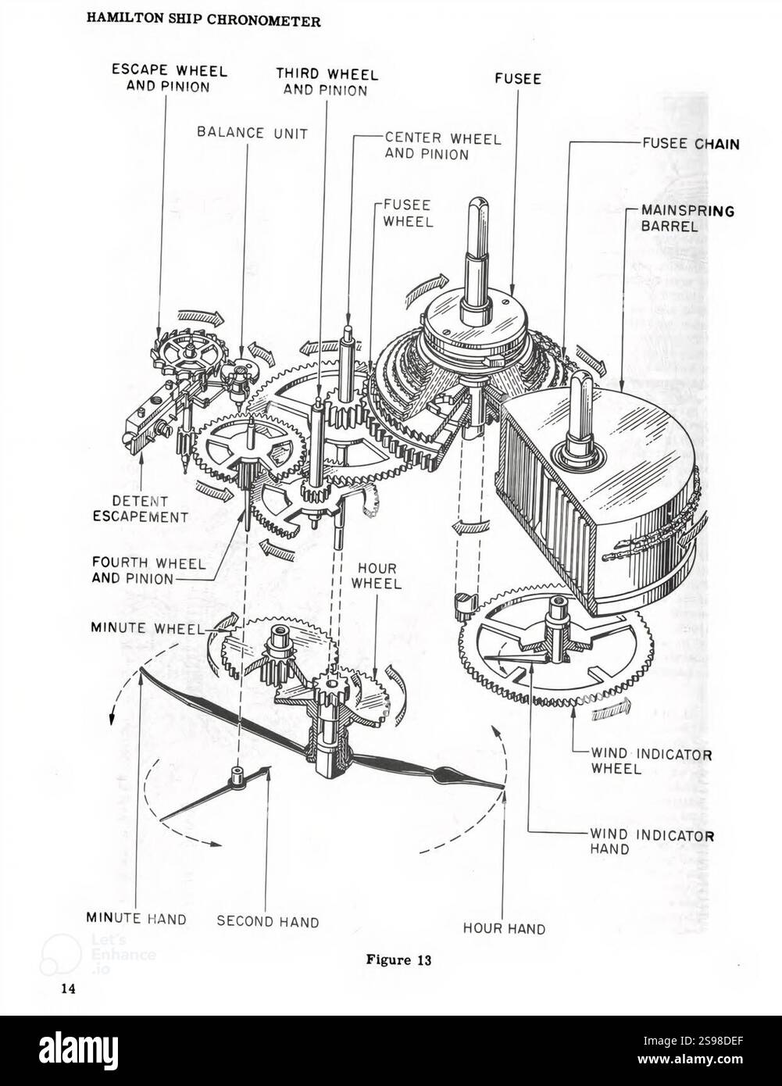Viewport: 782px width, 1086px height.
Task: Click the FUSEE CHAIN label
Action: (691, 144)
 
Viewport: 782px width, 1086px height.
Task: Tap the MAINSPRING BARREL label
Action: (687, 219)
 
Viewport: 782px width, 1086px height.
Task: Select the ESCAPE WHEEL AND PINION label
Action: (170, 79)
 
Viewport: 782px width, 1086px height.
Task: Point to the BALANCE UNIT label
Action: (252, 133)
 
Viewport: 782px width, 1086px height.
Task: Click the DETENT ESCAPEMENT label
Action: (140, 509)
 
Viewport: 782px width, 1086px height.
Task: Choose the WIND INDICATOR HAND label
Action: (652, 842)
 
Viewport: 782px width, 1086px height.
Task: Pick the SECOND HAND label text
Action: (268, 921)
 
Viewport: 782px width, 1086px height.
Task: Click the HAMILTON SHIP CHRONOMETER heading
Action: (204, 21)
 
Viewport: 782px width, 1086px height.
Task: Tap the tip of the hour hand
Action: (504, 787)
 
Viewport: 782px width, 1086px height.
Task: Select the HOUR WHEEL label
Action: (377, 576)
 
